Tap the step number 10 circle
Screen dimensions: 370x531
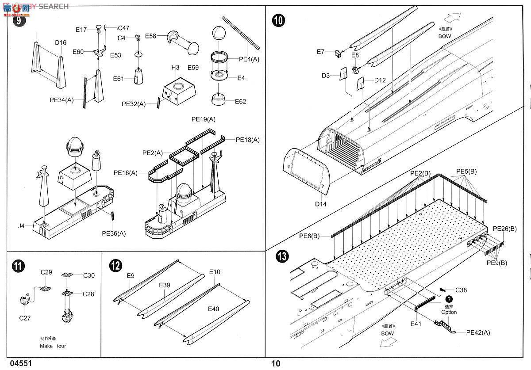pyautogui.click(x=279, y=20)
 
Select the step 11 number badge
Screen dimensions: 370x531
pyautogui.click(x=18, y=266)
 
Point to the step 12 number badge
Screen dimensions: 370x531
pyautogui.click(x=116, y=266)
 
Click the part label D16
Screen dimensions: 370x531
pyautogui.click(x=61, y=43)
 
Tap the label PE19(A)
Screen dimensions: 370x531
pyautogui.click(x=203, y=119)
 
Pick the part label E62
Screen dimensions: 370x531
pyautogui.click(x=241, y=102)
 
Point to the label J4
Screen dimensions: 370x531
pyautogui.click(x=22, y=226)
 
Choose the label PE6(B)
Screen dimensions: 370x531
pyautogui.click(x=309, y=236)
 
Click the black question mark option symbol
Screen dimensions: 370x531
pyautogui.click(x=449, y=299)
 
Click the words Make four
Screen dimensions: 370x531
pyautogui.click(x=52, y=346)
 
